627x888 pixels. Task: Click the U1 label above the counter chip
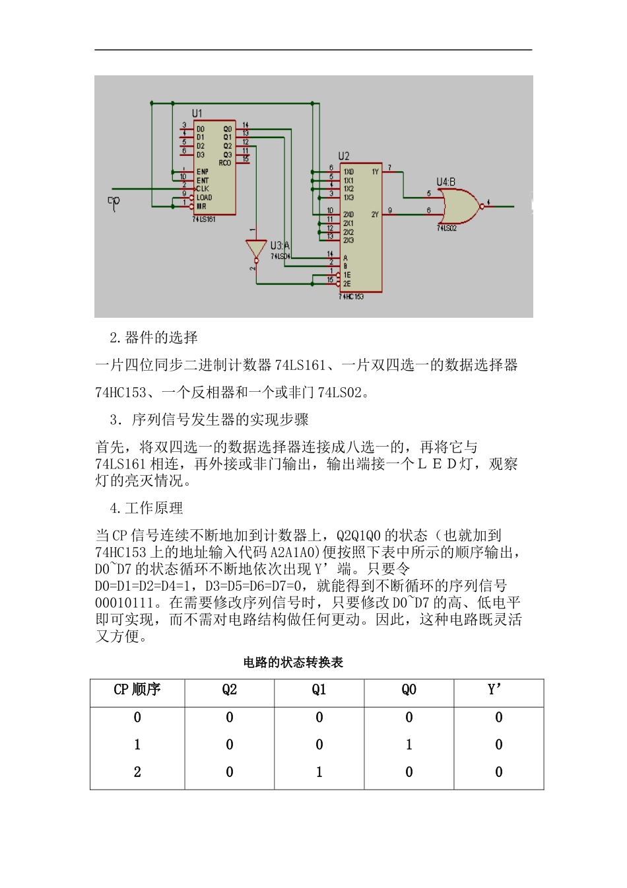pos(197,114)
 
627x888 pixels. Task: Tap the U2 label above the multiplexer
pos(344,156)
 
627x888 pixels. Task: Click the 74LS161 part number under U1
pos(204,219)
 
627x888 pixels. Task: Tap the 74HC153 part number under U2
pos(352,297)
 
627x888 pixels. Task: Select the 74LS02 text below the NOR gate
pos(447,229)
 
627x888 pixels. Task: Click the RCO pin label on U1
pos(225,163)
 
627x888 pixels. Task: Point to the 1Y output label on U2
pos(375,172)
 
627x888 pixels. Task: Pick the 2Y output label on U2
pos(375,214)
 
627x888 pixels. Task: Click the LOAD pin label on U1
pos(204,198)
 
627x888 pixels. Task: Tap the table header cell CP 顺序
pos(137,690)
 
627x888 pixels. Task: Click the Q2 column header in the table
pos(229,690)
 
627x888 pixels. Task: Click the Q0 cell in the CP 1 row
pos(409,745)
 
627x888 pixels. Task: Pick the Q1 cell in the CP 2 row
pos(319,772)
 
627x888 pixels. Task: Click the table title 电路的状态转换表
pos(293,662)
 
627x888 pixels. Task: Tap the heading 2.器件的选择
pos(154,338)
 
